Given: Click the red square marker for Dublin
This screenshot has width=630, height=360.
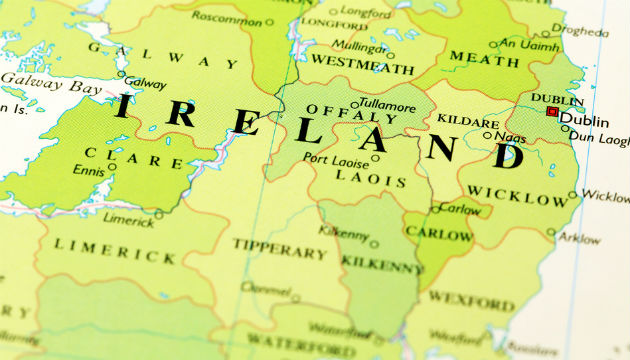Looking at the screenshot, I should pyautogui.click(x=551, y=112).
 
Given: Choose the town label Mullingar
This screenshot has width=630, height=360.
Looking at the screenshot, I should pyautogui.click(x=358, y=45).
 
